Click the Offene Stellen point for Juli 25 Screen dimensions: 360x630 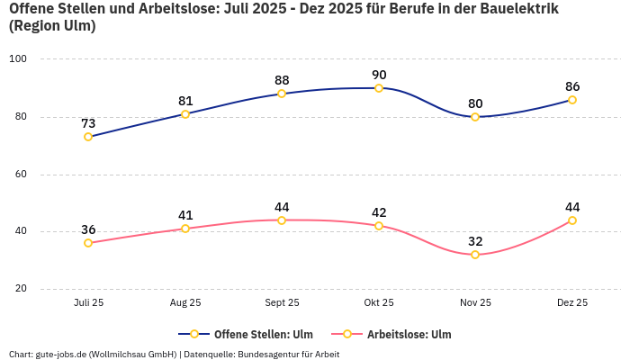[x=88, y=137]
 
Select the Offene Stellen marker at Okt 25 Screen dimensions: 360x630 [x=379, y=88]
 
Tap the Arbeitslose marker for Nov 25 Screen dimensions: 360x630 [x=475, y=255]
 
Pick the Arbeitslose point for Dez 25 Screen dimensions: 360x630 [x=572, y=220]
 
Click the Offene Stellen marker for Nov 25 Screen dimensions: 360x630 [x=475, y=117]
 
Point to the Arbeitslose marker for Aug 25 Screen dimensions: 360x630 [x=185, y=229]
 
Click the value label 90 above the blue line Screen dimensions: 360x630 [x=379, y=75]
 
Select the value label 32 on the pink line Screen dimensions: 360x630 [x=475, y=241]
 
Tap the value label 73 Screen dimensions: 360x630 [x=88, y=123]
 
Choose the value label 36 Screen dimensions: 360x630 [x=88, y=229]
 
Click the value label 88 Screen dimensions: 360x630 [x=282, y=80]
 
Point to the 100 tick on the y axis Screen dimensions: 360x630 [x=18, y=59]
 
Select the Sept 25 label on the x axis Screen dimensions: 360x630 [x=282, y=303]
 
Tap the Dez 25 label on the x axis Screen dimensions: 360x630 [x=572, y=303]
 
